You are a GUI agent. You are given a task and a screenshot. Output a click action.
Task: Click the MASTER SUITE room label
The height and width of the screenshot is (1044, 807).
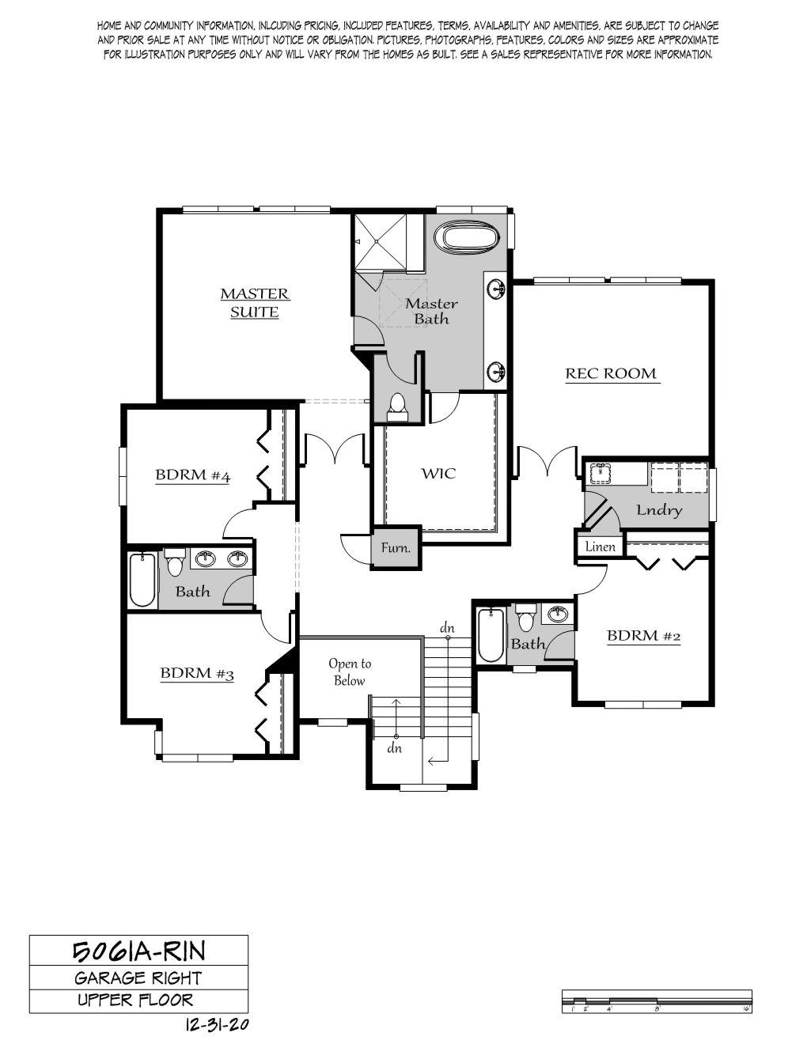click(255, 303)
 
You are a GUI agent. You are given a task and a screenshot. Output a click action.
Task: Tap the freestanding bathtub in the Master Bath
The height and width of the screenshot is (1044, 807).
click(468, 238)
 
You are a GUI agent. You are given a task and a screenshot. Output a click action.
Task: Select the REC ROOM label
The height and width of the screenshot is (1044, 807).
click(611, 373)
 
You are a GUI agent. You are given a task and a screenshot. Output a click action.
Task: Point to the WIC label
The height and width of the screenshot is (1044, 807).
click(439, 473)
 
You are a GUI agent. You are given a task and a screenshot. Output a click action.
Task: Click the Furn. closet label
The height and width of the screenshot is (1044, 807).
click(396, 547)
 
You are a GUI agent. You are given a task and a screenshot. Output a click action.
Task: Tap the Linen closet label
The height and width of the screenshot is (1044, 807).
click(601, 547)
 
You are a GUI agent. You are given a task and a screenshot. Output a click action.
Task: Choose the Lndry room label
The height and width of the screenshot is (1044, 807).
click(659, 510)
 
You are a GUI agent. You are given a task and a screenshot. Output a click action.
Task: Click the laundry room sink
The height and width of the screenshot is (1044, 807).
click(601, 473)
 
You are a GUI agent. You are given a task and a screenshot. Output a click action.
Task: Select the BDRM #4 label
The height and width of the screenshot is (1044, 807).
click(193, 475)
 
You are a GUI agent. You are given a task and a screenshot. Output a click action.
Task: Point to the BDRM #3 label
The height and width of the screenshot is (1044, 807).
click(197, 674)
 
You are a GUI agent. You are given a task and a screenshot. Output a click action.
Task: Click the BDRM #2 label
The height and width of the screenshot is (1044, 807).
click(644, 636)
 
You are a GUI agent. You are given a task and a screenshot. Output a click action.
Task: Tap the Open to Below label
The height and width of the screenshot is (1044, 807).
click(350, 671)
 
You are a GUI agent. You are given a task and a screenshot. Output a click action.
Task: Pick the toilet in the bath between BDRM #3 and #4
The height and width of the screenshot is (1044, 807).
click(175, 562)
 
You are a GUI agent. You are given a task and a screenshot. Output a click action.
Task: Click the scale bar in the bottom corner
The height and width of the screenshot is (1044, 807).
click(657, 1001)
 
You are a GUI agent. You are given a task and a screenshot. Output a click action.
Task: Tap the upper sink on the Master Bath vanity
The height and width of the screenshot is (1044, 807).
click(497, 288)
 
